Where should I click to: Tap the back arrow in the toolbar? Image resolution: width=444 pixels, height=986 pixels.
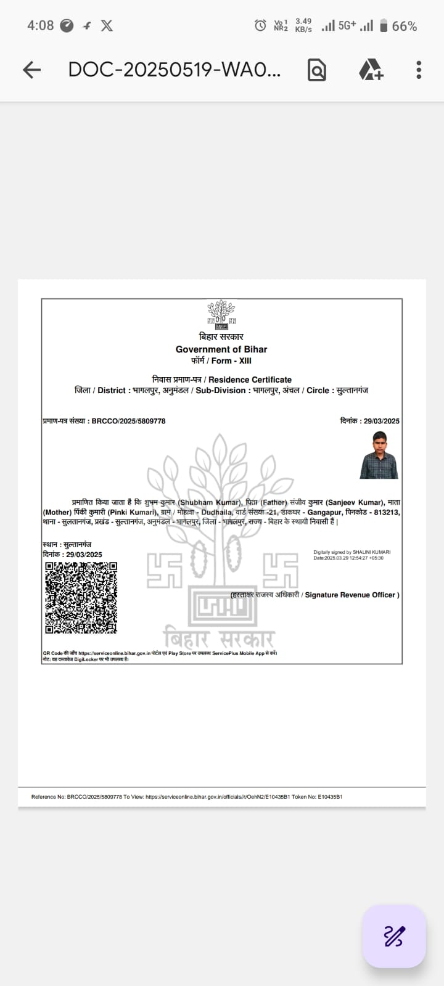point(31,70)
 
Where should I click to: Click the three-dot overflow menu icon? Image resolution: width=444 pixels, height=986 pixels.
point(419,70)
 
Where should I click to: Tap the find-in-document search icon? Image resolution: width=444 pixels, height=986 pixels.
point(316,70)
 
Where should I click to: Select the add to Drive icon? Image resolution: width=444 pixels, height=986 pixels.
point(371,70)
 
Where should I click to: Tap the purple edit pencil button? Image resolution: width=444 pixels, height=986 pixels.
point(394,936)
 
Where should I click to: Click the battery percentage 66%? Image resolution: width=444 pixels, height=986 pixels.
point(405,26)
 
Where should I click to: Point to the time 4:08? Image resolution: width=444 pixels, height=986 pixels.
point(40,25)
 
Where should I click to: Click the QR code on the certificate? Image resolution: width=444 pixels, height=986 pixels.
point(80,597)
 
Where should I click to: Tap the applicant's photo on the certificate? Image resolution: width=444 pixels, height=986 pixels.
point(379,455)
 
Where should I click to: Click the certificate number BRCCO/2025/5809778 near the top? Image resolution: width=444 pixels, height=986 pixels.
point(128,422)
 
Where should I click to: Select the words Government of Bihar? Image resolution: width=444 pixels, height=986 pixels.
point(221,349)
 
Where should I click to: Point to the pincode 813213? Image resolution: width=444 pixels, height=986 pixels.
point(387,512)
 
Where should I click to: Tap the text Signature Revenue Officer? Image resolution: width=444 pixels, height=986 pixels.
point(351,595)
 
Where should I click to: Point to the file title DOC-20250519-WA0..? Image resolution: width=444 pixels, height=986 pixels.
point(174,70)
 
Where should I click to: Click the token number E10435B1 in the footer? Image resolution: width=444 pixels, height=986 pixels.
point(330,797)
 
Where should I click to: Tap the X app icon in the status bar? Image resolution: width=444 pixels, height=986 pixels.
point(107,25)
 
